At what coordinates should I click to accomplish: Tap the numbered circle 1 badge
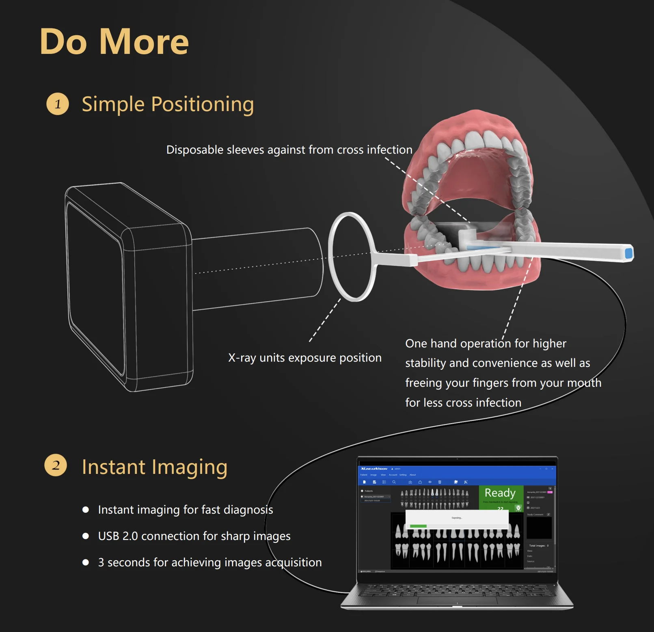click(x=58, y=104)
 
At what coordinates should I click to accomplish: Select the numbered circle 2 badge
click(x=56, y=465)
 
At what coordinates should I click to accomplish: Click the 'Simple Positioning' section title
click(x=168, y=104)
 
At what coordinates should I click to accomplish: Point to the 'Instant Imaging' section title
click(x=154, y=467)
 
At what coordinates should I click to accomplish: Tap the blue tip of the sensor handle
click(x=629, y=253)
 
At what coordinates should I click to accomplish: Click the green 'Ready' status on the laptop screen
click(x=500, y=493)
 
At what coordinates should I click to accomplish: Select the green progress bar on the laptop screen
click(x=418, y=526)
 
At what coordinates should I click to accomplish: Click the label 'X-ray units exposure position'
click(x=304, y=358)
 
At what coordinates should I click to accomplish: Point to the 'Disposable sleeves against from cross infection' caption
click(x=289, y=150)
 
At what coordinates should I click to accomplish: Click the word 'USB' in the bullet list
click(x=109, y=536)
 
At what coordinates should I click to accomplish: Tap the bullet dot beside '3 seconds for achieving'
click(x=86, y=562)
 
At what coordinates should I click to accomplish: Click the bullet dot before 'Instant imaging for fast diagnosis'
click(x=86, y=510)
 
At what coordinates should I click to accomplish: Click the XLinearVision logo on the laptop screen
click(x=374, y=469)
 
